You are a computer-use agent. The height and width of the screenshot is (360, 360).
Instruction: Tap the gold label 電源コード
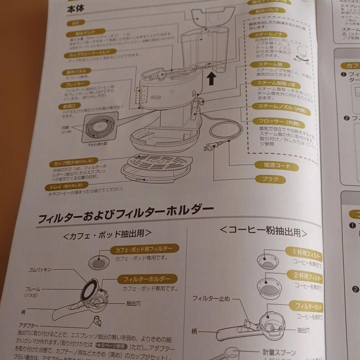click(x=272, y=165)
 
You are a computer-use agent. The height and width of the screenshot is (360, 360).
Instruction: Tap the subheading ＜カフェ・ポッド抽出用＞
click(x=107, y=234)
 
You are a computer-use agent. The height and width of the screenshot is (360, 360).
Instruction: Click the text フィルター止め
click(x=211, y=299)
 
